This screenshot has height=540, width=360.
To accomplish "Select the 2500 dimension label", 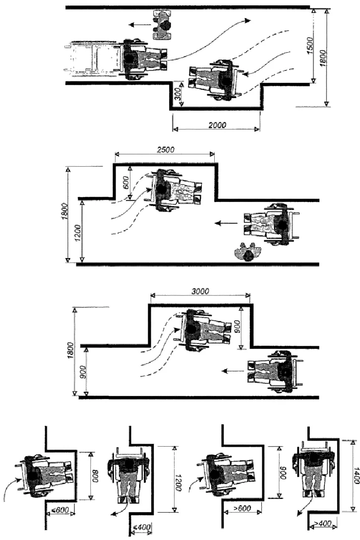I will point(164,149).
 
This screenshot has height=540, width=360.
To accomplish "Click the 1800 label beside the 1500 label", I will point(323,57).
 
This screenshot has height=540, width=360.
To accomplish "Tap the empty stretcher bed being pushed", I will point(93,59).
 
